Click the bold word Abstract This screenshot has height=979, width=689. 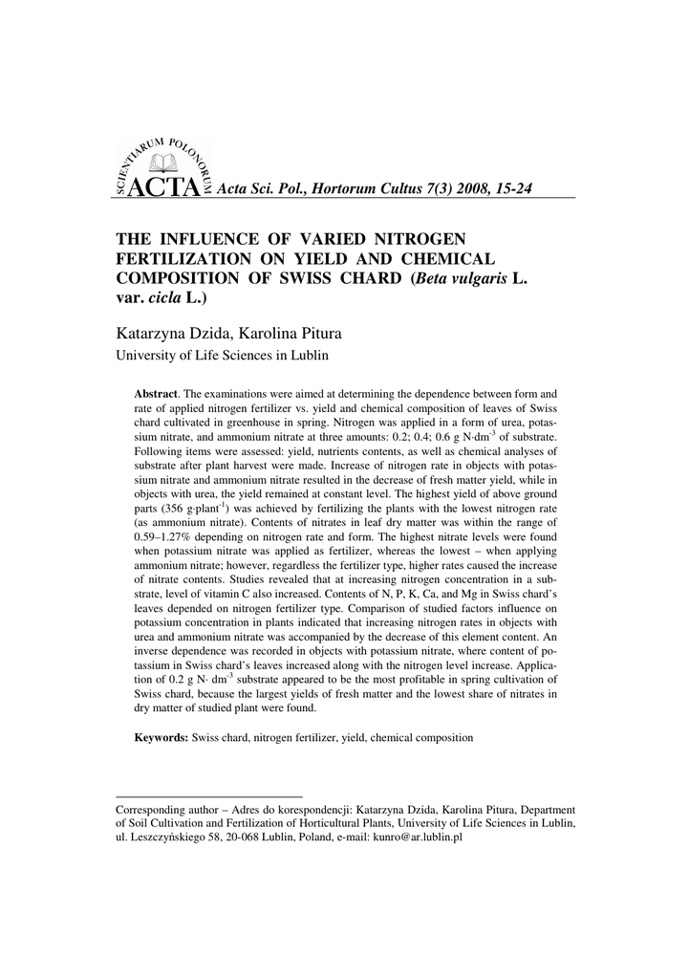(157, 394)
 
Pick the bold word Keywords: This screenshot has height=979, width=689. (161, 738)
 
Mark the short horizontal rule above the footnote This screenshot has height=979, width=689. (208, 795)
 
